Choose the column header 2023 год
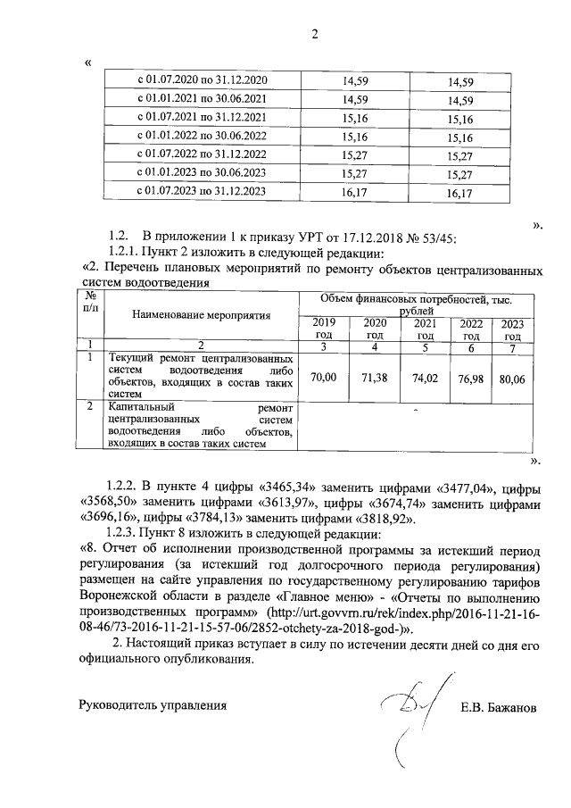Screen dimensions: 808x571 tap(512, 329)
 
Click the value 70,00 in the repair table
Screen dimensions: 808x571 tap(323, 378)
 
